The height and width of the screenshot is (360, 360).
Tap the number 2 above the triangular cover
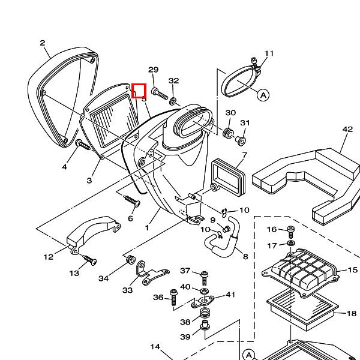[43, 43]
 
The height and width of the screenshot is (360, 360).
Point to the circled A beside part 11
[263, 95]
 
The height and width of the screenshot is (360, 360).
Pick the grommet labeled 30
[229, 132]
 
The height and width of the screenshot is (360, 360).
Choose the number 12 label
[49, 257]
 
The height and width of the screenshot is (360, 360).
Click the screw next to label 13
[89, 260]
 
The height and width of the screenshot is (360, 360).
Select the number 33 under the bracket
[128, 290]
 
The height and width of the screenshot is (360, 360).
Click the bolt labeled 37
[205, 277]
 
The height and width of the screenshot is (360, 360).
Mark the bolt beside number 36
[174, 296]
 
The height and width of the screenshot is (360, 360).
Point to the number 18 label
[352, 313]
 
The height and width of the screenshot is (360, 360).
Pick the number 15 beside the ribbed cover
[352, 271]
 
